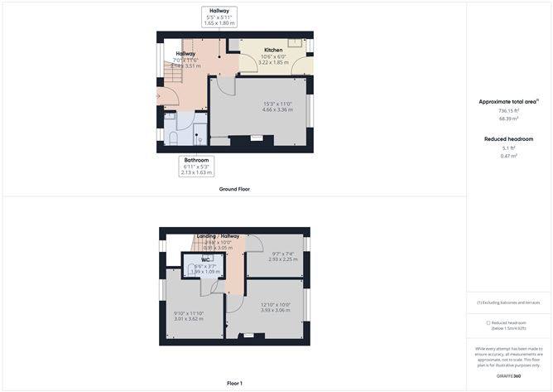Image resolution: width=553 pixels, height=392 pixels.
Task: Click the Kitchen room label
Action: (272, 51)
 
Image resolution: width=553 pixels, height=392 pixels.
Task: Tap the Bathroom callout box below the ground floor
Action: (196, 166)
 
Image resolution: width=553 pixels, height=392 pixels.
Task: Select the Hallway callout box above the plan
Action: (220, 16)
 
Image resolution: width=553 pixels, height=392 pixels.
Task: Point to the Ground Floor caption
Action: (234, 189)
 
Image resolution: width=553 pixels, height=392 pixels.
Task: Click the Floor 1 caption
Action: (234, 383)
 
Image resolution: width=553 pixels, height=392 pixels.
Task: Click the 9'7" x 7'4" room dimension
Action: (283, 256)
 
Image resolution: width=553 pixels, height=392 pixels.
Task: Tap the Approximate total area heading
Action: (507, 101)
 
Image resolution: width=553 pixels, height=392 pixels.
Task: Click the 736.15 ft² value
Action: (508, 112)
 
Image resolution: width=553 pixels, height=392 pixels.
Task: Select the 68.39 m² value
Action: (508, 119)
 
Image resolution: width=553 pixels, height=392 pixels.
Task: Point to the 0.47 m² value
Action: (508, 156)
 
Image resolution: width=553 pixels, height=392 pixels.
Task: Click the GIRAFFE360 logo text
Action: (509, 376)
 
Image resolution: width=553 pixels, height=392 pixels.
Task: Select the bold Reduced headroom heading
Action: (508, 138)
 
